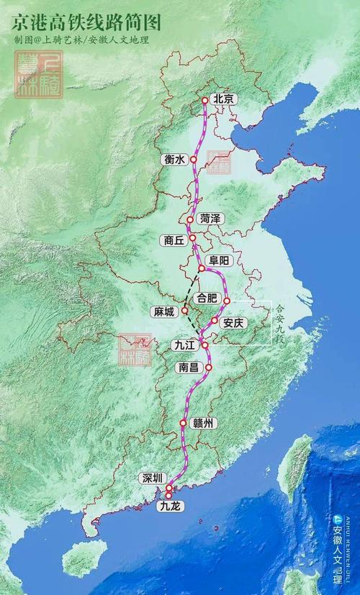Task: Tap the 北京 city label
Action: pyautogui.click(x=225, y=99)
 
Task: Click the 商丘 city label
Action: pyautogui.click(x=175, y=240)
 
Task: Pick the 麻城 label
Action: pyautogui.click(x=164, y=311)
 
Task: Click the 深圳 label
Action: pyautogui.click(x=153, y=478)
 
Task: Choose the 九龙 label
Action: pyautogui.click(x=171, y=507)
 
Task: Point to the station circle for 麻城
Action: pyautogui.click(x=185, y=310)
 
